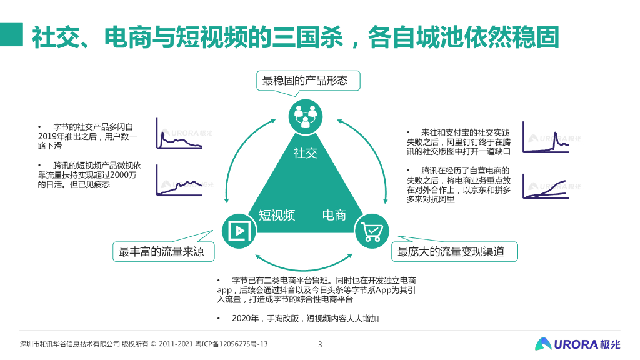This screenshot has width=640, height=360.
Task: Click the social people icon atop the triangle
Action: [x=306, y=115]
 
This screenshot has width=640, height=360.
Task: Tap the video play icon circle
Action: [x=238, y=231]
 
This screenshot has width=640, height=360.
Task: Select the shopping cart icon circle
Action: [x=372, y=231]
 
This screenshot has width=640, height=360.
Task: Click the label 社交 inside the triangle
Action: [x=306, y=152]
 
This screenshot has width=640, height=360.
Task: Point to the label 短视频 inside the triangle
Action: [x=277, y=216]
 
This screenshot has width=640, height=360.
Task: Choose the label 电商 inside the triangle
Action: [x=334, y=216]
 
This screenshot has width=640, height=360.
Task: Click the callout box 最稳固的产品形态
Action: [x=304, y=81]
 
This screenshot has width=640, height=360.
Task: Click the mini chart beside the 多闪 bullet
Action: [x=179, y=134]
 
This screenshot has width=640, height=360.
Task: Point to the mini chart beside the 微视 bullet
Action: [x=179, y=181]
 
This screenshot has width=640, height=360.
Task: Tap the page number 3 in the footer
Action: [x=320, y=344]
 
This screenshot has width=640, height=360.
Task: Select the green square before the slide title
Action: [x=12, y=36]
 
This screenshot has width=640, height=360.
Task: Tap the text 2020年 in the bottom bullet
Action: [x=245, y=319]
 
